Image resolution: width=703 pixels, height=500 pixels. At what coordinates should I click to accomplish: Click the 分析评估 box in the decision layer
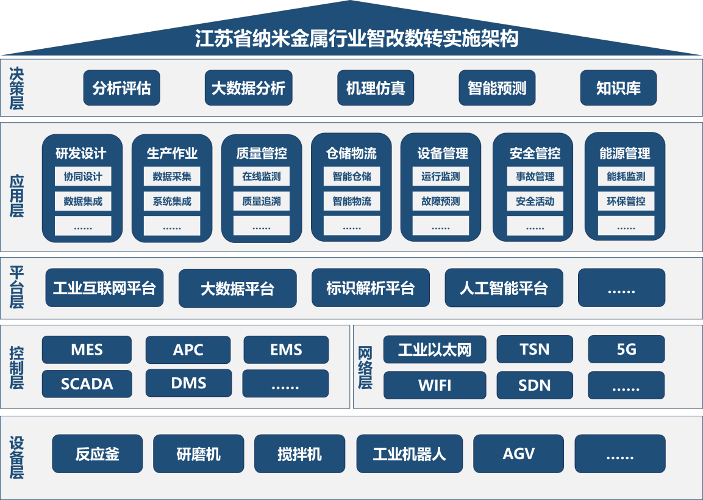(x=121, y=88)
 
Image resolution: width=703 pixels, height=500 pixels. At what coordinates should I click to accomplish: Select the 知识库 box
(x=618, y=88)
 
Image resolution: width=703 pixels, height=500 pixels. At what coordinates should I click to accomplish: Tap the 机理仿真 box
(x=376, y=88)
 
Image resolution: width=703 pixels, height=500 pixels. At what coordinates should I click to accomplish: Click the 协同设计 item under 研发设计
(x=83, y=177)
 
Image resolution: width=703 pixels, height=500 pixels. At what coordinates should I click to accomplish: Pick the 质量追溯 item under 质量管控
(x=262, y=201)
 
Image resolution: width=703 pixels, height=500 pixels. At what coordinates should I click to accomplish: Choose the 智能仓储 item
(x=352, y=177)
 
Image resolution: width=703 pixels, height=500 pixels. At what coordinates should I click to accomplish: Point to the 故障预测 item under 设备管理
(x=441, y=201)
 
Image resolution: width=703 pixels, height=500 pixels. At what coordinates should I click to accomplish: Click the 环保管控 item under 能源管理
(x=626, y=201)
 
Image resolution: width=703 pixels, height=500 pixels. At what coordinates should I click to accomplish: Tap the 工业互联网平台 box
(x=104, y=288)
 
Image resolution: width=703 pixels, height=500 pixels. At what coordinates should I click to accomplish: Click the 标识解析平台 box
(x=370, y=288)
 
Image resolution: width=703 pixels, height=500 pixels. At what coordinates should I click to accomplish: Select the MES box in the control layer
(x=87, y=350)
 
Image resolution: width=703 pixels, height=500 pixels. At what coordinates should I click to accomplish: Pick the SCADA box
(x=87, y=384)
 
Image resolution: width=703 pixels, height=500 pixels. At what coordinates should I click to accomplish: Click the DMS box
(x=188, y=383)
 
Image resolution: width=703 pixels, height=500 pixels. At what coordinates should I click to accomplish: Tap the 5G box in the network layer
(x=626, y=349)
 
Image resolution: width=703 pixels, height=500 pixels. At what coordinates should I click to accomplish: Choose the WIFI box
(x=434, y=385)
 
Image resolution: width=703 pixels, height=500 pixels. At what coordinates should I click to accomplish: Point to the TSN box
(x=535, y=349)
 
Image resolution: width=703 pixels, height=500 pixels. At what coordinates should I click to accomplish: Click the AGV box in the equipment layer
(x=518, y=454)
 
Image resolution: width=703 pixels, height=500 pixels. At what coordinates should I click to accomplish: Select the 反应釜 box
(x=98, y=454)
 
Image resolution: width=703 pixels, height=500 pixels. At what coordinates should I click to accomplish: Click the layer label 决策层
(x=16, y=88)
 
